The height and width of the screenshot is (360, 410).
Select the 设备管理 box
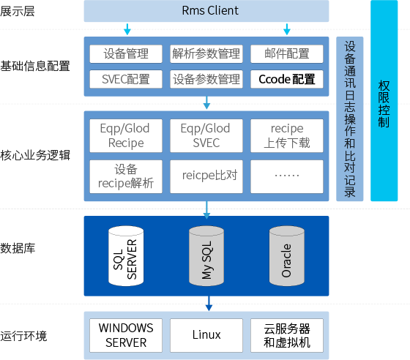(126, 54)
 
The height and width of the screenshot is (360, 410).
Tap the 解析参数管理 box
(206, 54)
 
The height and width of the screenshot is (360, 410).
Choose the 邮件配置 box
(286, 54)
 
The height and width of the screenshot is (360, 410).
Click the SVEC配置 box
(126, 78)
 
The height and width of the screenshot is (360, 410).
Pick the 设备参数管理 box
(206, 78)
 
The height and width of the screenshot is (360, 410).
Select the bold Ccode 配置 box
(286, 78)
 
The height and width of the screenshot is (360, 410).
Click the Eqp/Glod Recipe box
(126, 135)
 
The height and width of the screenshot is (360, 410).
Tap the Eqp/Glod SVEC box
(206, 135)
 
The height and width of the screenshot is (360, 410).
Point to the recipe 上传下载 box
(286, 135)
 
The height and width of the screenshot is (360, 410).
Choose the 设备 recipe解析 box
(126, 176)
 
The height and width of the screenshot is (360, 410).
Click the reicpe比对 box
(206, 176)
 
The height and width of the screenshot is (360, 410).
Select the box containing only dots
(286, 176)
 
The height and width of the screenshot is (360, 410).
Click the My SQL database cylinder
(206, 255)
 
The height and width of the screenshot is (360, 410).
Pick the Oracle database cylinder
(286, 255)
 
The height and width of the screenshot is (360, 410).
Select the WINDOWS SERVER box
(126, 335)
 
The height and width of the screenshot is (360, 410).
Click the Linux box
(206, 335)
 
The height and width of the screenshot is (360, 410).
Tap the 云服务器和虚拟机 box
(286, 335)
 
